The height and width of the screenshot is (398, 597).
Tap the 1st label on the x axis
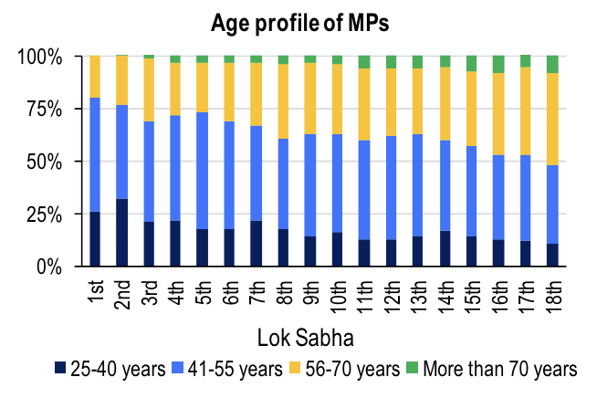tap(95, 291)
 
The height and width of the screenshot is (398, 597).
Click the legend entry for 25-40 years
tap(109, 369)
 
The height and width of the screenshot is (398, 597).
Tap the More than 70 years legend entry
tap(493, 369)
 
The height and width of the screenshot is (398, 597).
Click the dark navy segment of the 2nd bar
tap(121, 233)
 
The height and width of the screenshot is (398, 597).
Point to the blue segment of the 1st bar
tap(95, 155)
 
